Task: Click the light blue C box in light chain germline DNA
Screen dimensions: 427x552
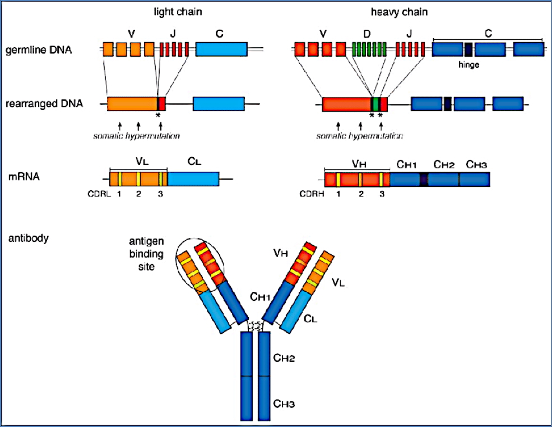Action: coord(221,49)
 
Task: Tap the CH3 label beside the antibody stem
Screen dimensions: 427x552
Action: coord(284,402)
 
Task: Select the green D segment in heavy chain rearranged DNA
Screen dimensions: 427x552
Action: coord(375,104)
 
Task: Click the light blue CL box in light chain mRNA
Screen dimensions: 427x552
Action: coord(193,179)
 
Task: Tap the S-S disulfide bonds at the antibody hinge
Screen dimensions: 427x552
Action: coord(256,325)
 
